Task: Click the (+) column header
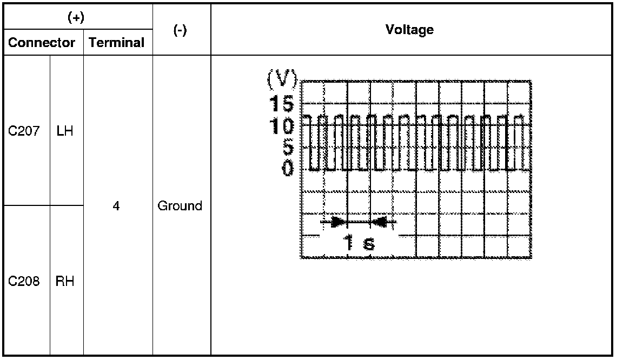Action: [76, 17]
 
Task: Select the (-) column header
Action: [180, 31]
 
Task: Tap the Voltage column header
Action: [409, 30]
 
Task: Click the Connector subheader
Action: [42, 43]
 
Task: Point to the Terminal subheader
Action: [116, 43]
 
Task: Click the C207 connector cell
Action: [24, 131]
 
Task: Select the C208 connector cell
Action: [24, 281]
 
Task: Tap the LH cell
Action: [64, 131]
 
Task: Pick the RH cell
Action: [64, 281]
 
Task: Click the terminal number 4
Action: [116, 206]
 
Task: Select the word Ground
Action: [180, 206]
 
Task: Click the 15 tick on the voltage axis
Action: [282, 103]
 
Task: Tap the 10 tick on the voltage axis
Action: [282, 125]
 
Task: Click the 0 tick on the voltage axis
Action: [288, 169]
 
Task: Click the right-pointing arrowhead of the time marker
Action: [338, 222]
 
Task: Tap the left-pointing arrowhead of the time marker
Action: [379, 222]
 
